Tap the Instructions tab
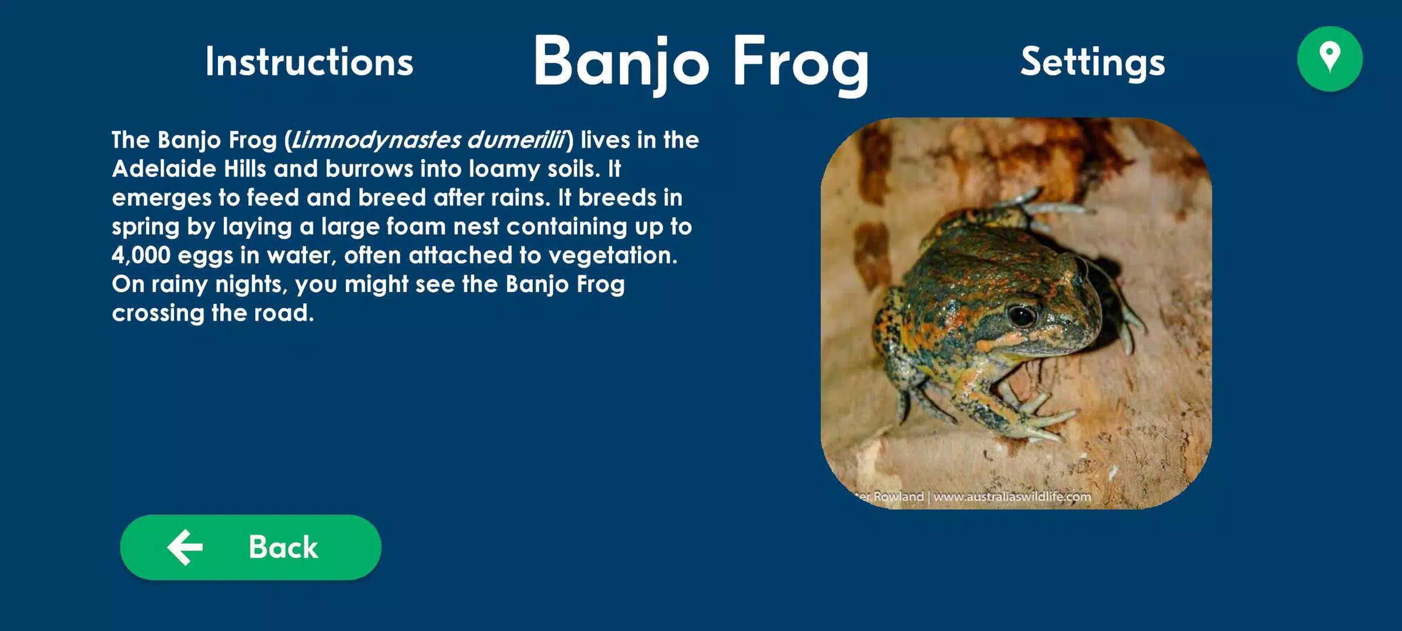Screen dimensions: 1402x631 [x=309, y=62]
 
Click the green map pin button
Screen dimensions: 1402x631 [x=1330, y=59]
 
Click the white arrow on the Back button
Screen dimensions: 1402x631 [x=185, y=547]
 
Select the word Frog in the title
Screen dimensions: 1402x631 [x=801, y=64]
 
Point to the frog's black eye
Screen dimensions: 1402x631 [x=1021, y=316]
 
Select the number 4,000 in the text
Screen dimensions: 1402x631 [x=141, y=255]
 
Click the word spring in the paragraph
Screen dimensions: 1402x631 [x=145, y=227]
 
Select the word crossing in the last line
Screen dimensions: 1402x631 [x=158, y=313]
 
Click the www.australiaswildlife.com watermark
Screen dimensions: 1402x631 [x=1012, y=497]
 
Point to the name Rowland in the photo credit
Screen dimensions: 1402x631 [x=898, y=497]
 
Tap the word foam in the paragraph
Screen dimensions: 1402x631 [x=416, y=226]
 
